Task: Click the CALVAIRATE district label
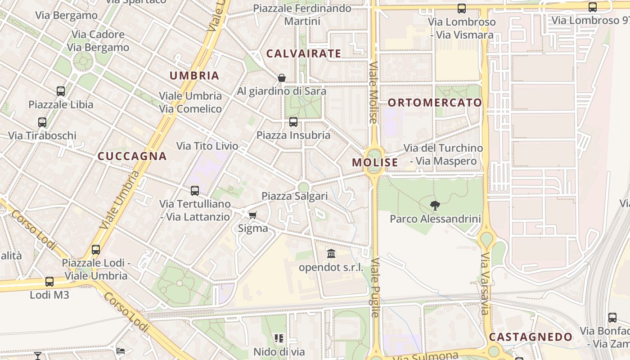pos(304,54)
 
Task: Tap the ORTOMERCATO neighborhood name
pos(435,103)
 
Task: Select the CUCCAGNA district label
pos(132,156)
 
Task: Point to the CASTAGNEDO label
pos(531,337)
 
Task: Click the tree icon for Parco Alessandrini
pos(435,206)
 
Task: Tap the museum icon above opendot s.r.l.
pos(331,254)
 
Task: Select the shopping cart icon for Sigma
pos(253,216)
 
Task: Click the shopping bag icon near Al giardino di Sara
pos(282,78)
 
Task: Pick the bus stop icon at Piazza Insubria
pos(293,121)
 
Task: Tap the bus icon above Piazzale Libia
pos(61,91)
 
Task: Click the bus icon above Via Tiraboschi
pos(42,122)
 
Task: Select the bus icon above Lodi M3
pos(49,282)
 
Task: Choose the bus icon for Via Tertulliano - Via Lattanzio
pos(195,190)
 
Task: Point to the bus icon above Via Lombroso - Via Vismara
pos(462,8)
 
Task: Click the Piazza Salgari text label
pos(295,196)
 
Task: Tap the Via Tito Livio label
pos(207,146)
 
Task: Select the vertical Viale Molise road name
pos(373,92)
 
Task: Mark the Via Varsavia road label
pos(485,283)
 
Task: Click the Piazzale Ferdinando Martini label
pos(302,14)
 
